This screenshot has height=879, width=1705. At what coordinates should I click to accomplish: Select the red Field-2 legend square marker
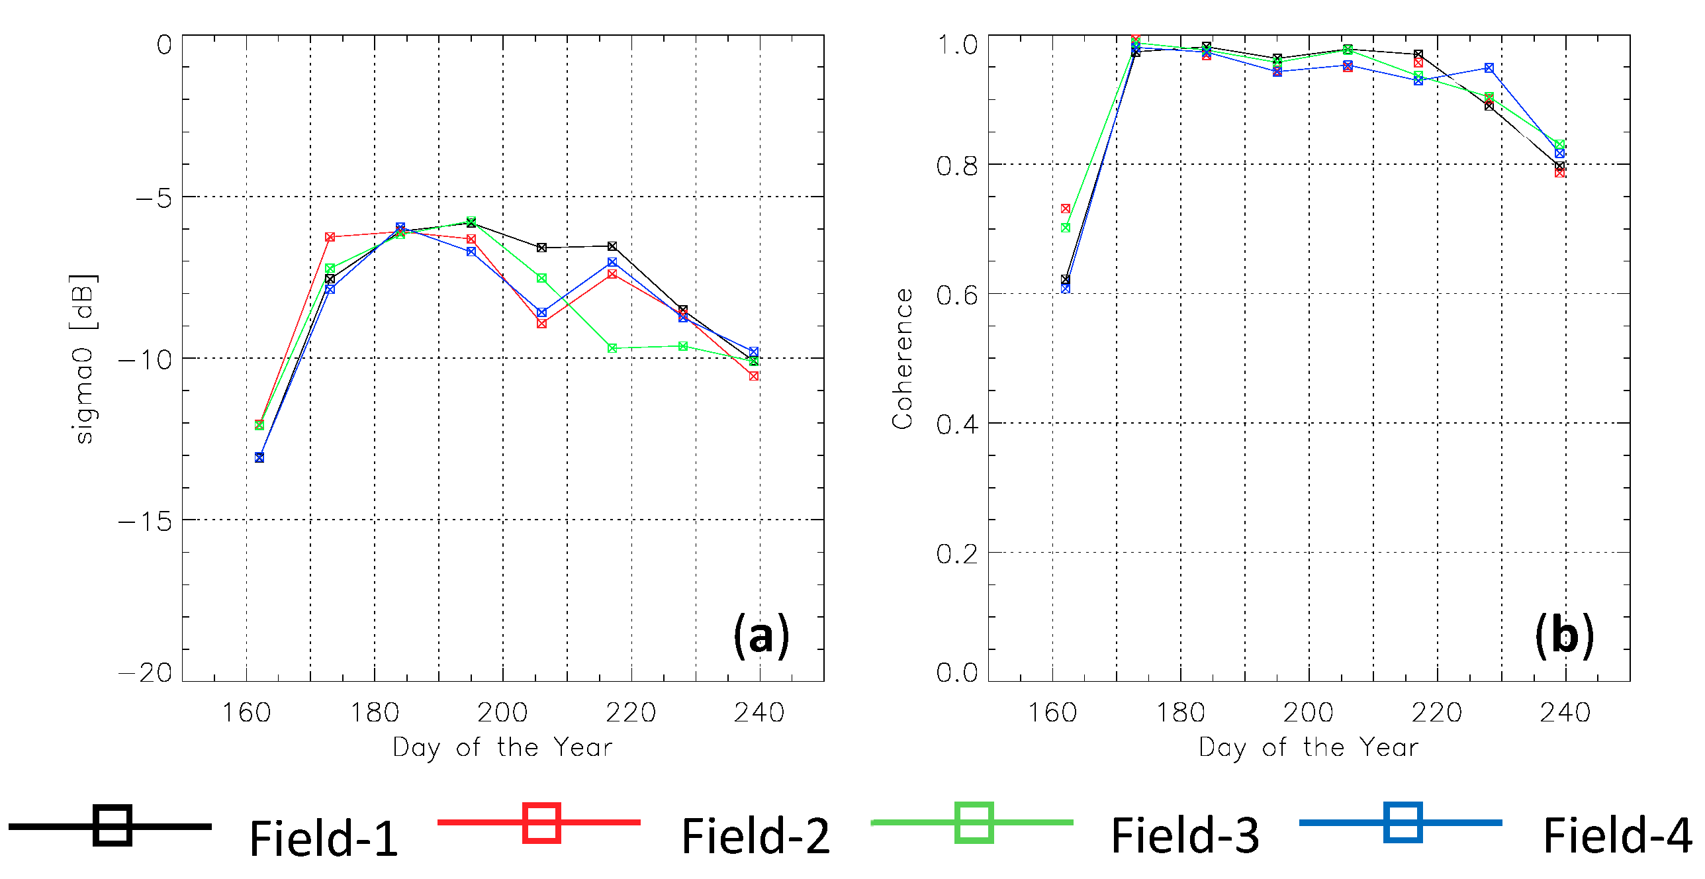541,823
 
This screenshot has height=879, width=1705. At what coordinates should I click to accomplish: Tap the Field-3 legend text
1185,835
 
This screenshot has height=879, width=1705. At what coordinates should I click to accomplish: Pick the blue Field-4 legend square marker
1403,823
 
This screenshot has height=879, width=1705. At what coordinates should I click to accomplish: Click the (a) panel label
761,635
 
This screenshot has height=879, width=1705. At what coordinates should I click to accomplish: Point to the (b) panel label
1564,635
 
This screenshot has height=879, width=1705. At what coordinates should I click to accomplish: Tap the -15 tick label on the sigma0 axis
145,522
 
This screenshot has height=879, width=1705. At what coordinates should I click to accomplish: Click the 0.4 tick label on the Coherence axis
957,424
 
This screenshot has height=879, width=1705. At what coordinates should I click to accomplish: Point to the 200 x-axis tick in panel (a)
502,713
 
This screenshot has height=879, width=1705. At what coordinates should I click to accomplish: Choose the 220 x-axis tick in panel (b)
1437,713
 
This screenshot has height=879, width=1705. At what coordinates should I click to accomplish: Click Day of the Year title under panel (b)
1309,747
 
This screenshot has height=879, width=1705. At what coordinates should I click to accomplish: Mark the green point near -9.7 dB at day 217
612,348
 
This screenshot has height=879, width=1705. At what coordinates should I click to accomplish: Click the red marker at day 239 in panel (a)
753,376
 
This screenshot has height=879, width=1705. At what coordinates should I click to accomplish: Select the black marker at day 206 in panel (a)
541,248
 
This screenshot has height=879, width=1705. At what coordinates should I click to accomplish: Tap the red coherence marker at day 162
1066,208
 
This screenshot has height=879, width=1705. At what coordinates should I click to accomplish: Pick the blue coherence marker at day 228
1489,68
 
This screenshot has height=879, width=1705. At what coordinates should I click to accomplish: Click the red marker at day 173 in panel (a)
330,237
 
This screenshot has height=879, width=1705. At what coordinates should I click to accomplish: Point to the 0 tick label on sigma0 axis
163,45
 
